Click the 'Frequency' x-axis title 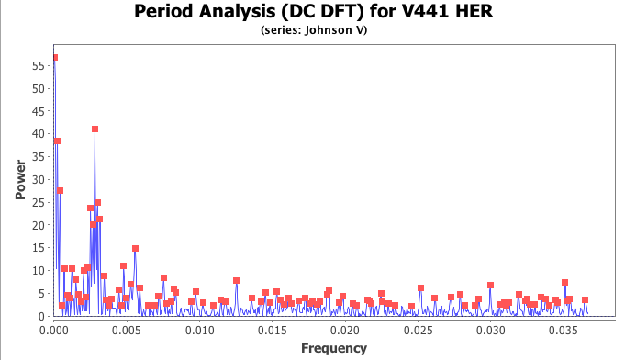click(333, 348)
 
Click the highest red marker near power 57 click(55, 58)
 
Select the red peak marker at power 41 click(95, 129)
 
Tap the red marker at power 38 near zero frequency click(57, 141)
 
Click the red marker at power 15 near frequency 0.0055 click(135, 249)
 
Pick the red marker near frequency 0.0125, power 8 click(236, 280)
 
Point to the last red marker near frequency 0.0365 click(585, 300)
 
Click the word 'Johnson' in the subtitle click(320, 29)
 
